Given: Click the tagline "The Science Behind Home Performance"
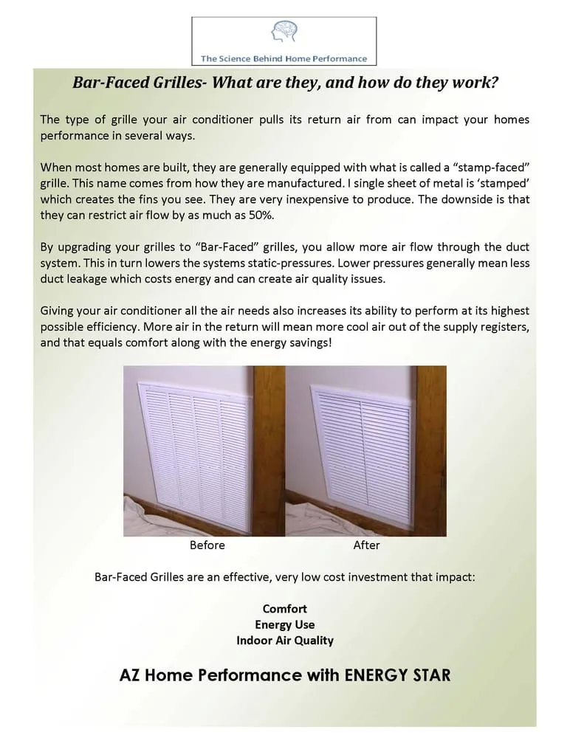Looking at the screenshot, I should pyautogui.click(x=284, y=58).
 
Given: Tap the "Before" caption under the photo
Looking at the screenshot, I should pyautogui.click(x=207, y=545).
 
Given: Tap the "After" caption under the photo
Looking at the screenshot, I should pyautogui.click(x=366, y=545).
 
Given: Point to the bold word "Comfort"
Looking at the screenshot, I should pyautogui.click(x=284, y=609).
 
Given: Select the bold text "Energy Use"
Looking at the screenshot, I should pyautogui.click(x=284, y=624).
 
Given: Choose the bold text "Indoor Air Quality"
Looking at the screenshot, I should pyautogui.click(x=284, y=640).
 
